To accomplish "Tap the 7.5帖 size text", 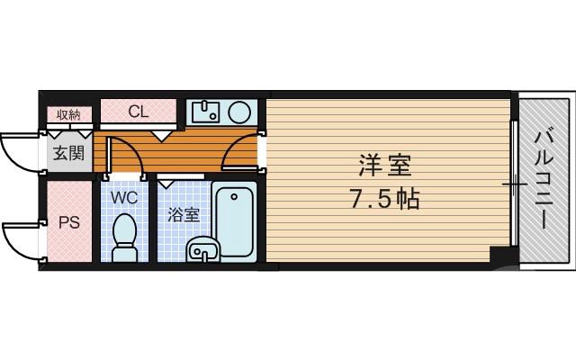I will click(x=385, y=198).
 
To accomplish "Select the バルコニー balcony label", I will click(x=544, y=180).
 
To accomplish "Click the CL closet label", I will click(x=138, y=112).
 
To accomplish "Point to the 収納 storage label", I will click(x=68, y=114).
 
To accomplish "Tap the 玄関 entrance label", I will click(x=67, y=153).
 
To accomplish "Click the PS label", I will click(x=68, y=222).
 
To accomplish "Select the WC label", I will click(x=123, y=195).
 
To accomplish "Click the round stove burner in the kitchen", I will click(x=240, y=112).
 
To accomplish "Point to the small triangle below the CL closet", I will click(x=162, y=136).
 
